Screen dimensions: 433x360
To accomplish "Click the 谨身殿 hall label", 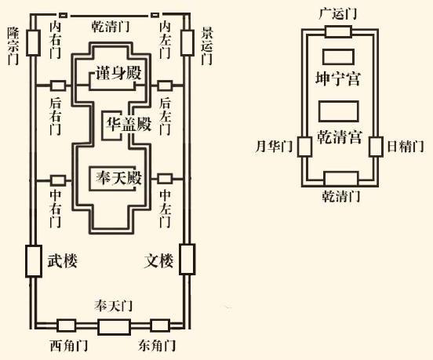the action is point(118,73).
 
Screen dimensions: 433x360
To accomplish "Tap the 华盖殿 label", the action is point(129,124).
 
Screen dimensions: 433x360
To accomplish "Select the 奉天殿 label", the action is point(119,178).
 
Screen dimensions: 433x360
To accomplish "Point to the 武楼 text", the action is point(62,260).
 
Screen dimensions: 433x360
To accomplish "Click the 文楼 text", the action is point(158,260).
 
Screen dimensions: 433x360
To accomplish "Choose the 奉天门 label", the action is point(113,306).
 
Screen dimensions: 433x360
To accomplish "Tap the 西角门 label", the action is point(69,345).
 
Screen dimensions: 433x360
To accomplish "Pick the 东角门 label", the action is point(157,345).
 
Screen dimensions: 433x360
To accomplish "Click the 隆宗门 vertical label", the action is point(13,45).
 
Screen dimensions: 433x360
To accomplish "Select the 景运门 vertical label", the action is point(207,45).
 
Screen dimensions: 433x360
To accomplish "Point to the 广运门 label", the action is point(338,13).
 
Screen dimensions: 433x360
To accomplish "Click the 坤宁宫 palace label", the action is point(338,78).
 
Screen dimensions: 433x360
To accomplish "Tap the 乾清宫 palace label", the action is point(339,136).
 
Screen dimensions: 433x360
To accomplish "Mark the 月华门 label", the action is point(274,146).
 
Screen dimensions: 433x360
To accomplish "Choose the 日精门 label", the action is point(405,147).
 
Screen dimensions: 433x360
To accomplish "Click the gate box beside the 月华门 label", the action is point(305,147).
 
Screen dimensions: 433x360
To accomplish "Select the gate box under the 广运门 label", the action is point(338,31).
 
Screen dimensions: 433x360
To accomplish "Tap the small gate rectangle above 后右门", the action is point(58,85).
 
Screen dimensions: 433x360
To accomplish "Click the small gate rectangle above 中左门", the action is point(165,179).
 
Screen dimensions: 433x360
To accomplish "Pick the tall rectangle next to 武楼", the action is point(34,261).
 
